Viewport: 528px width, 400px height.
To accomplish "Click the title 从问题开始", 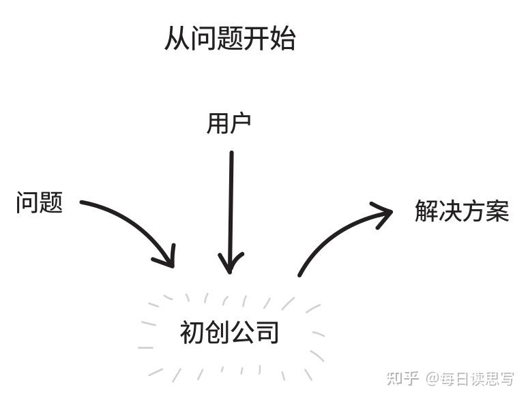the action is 230,39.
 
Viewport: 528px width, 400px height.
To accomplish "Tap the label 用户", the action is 229,124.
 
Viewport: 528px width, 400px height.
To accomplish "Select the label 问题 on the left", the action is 40,202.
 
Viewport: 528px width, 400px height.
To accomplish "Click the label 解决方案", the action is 462,211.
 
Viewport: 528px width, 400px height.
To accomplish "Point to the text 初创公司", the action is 230,333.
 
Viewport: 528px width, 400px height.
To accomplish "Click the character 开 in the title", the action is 256,39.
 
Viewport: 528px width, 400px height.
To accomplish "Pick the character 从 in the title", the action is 177,39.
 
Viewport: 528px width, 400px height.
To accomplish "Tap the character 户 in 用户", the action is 241,124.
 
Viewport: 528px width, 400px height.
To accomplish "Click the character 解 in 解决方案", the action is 426,211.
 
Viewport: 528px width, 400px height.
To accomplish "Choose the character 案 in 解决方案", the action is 498,211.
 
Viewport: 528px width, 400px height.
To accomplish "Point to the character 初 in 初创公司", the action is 192,333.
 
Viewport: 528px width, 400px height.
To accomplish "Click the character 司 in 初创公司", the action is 268,333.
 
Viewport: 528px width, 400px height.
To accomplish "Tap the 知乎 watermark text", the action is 402,378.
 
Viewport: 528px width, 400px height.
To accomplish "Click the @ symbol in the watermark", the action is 432,378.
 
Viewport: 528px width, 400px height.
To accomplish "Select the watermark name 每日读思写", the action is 477,378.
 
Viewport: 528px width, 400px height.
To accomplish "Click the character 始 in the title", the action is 283,39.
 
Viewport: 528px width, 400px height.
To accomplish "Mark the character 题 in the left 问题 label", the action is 51,202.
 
